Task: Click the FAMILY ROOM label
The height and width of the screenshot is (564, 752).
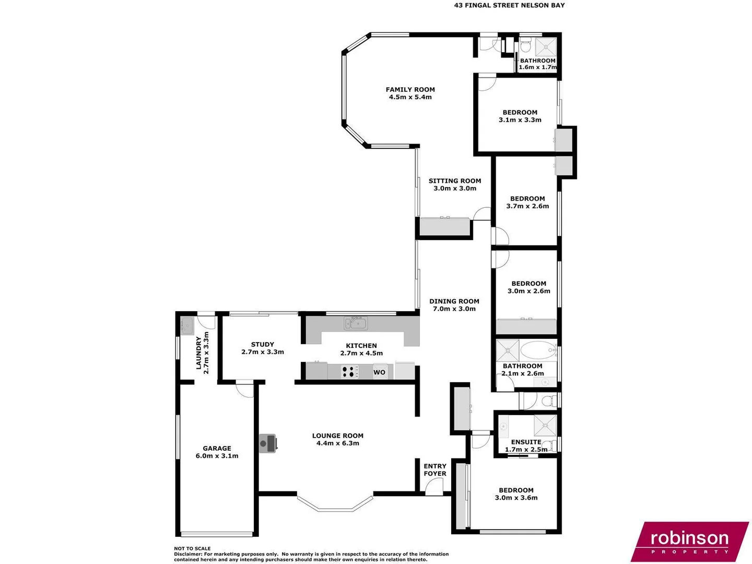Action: coord(410,89)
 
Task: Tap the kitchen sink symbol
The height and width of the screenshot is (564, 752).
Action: coord(356,323)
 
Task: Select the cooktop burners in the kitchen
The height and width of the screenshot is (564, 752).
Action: coord(350,372)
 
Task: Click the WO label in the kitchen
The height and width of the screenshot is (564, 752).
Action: coord(379,372)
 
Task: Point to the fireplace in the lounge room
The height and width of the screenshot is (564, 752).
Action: coord(268,443)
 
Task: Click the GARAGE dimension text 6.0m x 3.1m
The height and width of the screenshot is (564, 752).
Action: coord(217,456)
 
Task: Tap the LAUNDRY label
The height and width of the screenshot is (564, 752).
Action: coord(198,353)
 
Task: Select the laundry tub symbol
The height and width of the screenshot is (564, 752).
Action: coord(186,326)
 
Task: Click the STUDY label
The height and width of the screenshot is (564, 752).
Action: coord(262,344)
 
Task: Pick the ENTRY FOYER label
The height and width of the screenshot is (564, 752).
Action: coord(435,469)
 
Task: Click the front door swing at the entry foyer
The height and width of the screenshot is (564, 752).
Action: coord(434,488)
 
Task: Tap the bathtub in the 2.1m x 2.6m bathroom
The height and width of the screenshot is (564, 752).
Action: coord(538,349)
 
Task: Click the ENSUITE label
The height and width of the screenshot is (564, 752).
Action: coord(526,442)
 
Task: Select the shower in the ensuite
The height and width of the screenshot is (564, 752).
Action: coord(545,425)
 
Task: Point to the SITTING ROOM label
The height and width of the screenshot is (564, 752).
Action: coord(455,181)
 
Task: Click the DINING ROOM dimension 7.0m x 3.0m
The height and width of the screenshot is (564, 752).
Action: coord(454,309)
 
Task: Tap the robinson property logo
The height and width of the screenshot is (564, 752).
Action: coord(689,541)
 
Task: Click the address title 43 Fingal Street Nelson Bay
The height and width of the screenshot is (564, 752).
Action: coord(509,5)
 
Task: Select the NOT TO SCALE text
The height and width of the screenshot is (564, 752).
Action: coord(192,548)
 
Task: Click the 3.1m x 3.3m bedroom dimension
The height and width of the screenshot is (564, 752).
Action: coord(520,120)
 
